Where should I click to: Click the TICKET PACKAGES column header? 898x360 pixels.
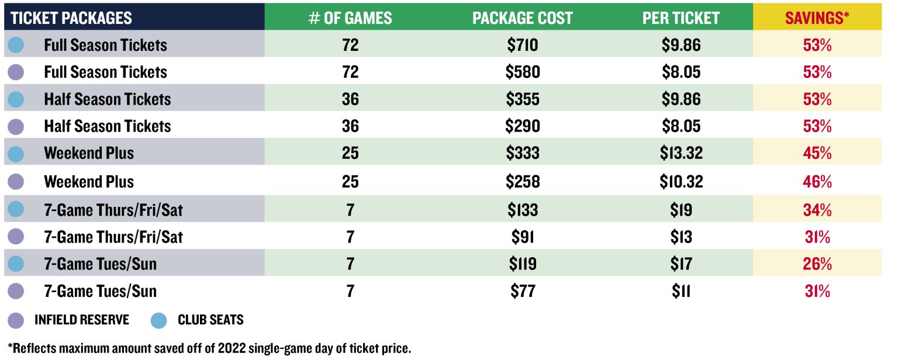pos(71,18)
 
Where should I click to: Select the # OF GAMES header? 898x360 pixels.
pos(350,18)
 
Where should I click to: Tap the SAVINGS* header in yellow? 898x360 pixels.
pos(817,18)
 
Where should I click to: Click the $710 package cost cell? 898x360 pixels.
pos(522,45)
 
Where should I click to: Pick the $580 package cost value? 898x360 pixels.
pos(522,72)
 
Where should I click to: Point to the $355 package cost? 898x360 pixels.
pos(522,99)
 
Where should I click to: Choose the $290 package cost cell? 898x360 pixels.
pos(522,126)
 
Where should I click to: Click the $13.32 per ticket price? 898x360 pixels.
pos(681,153)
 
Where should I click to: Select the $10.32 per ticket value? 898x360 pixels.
pos(681,181)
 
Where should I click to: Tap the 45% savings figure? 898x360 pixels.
pos(817,153)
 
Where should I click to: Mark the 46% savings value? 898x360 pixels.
pos(817,181)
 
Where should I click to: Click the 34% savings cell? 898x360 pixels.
pos(817,209)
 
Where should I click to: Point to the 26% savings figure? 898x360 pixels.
pos(817,264)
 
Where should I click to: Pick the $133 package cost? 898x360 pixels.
pos(522,209)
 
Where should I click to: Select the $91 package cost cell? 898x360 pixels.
pos(522,237)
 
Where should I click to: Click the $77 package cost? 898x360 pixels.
pos(522,291)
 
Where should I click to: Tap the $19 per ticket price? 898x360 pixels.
pos(681,209)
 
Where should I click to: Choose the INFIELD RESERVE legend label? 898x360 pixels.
pos(81,320)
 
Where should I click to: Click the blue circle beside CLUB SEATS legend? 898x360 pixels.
pos(159,320)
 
